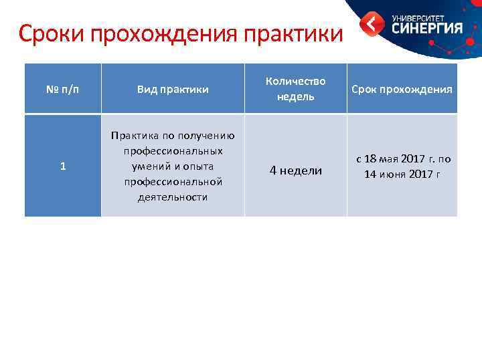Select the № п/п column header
tap(62, 89)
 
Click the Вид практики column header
tap(173, 89)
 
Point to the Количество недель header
tap(295, 88)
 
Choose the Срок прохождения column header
tap(402, 89)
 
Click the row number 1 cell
tap(62, 166)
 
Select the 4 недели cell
tap(295, 170)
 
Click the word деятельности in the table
tap(173, 197)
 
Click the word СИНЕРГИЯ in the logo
tap(427, 28)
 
